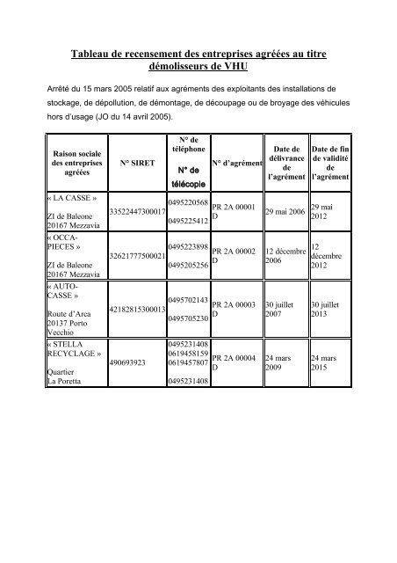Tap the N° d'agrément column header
point(238,163)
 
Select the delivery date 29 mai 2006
point(285,212)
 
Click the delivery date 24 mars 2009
point(280,361)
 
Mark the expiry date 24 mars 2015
point(326,361)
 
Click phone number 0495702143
point(187,301)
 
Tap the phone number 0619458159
point(187,351)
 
